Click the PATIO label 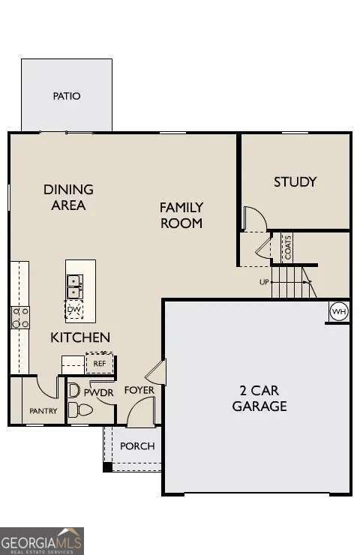67,96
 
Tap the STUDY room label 295,181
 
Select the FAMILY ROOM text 181,215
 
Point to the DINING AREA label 68,197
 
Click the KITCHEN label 80,337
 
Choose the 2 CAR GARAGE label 259,398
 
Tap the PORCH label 137,446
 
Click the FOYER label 139,390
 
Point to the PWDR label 98,391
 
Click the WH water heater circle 339,311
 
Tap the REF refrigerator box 99,363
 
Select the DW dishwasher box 74,309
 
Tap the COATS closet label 287,247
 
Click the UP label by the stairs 264,282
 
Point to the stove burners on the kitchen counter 19,317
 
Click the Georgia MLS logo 42,540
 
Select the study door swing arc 255,218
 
